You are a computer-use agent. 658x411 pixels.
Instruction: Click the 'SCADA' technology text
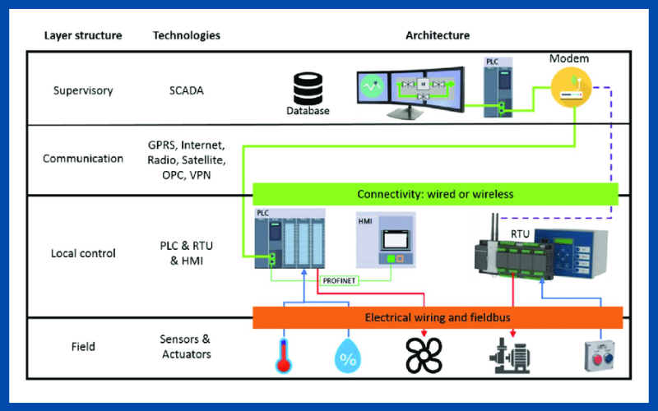click(180, 90)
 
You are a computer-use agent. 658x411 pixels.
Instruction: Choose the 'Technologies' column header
click(186, 35)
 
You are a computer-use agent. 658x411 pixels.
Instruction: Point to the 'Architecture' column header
click(438, 35)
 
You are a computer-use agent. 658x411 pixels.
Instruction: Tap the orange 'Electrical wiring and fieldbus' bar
click(437, 317)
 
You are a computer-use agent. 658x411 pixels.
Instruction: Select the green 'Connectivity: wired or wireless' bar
click(435, 195)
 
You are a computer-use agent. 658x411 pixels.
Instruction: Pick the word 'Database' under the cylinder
click(308, 111)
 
